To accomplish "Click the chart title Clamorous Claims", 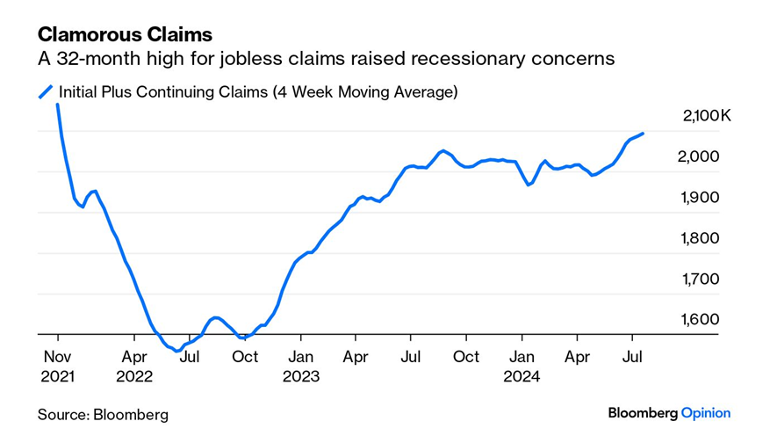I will click(125, 35).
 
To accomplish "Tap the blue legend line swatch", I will click(46, 91).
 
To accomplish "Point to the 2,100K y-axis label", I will click(706, 116).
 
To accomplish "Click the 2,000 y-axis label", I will click(700, 156).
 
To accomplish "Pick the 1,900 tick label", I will click(700, 197).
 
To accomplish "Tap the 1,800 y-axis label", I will click(700, 238).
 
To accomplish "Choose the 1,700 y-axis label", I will click(700, 279).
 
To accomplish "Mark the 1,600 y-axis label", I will click(700, 320).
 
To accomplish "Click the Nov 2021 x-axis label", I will click(57, 366).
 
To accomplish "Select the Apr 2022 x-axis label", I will click(134, 366).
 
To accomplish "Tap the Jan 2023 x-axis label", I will click(300, 366).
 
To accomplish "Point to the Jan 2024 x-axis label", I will click(522, 366).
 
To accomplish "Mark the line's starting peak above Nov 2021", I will click(58, 105).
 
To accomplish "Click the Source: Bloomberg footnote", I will click(103, 414).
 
